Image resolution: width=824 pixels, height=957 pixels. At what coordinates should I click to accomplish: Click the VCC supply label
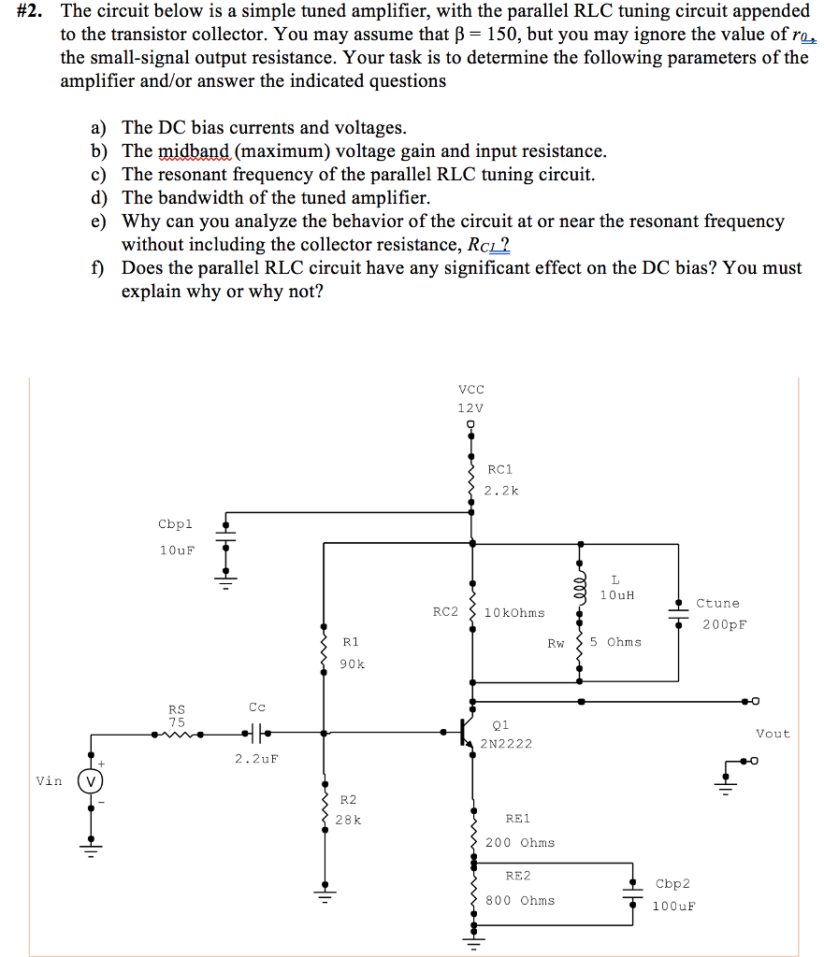pyautogui.click(x=471, y=389)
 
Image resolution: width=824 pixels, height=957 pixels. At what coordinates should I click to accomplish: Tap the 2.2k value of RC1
pyautogui.click(x=502, y=491)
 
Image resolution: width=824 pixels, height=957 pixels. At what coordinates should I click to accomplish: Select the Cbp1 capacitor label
pyautogui.click(x=175, y=524)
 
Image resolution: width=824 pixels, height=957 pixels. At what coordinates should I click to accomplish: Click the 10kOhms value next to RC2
pyautogui.click(x=515, y=613)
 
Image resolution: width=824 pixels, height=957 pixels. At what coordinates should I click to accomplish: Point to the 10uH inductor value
pyautogui.click(x=616, y=595)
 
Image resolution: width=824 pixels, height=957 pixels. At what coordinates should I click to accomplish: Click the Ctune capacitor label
pyautogui.click(x=717, y=604)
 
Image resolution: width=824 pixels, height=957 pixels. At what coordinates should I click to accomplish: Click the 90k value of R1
pyautogui.click(x=352, y=664)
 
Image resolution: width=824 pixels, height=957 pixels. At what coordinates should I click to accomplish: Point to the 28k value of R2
pyautogui.click(x=348, y=820)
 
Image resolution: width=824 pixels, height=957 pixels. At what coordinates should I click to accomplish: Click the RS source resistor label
pyautogui.click(x=177, y=709)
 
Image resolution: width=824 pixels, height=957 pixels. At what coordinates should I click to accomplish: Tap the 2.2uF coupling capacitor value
pyautogui.click(x=256, y=759)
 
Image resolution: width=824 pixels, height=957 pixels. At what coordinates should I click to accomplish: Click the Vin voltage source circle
pyautogui.click(x=91, y=781)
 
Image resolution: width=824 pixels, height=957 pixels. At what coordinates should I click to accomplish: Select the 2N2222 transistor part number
pyautogui.click(x=506, y=744)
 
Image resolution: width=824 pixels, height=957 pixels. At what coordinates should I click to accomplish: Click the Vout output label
pyautogui.click(x=773, y=734)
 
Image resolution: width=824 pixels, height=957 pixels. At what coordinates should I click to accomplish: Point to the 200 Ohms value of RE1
pyautogui.click(x=519, y=842)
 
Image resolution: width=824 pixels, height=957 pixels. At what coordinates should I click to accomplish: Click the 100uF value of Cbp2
pyautogui.click(x=673, y=906)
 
